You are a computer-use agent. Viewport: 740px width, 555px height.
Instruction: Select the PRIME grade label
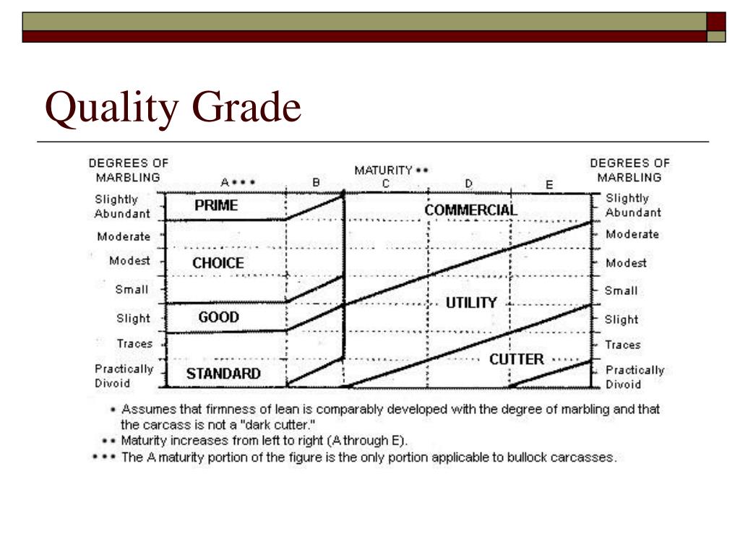click(215, 206)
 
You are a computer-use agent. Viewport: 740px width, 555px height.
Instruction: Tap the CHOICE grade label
click(218, 264)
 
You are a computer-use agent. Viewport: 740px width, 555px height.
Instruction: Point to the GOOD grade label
click(218, 317)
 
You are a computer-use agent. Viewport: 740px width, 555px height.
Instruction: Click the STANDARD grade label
click(223, 374)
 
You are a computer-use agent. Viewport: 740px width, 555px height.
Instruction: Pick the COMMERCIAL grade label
click(470, 210)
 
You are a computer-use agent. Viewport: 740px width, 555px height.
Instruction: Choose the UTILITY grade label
click(470, 303)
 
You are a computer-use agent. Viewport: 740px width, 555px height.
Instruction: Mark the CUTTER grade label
click(516, 359)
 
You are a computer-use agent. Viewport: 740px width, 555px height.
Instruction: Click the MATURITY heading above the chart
click(383, 171)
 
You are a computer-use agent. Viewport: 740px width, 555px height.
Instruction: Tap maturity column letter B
click(316, 184)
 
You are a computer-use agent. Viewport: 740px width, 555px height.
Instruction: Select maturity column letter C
click(386, 184)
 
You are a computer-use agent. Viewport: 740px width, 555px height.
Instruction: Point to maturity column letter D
click(468, 184)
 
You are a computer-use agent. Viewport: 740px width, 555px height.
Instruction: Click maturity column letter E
click(549, 185)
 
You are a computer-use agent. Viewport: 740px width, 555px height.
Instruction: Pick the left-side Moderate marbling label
click(124, 236)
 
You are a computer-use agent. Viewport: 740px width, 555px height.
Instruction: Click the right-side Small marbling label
click(621, 291)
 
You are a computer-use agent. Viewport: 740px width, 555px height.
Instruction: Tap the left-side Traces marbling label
click(134, 344)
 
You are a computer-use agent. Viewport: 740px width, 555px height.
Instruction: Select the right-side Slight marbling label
click(621, 319)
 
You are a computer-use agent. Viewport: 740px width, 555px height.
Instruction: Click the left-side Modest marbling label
click(129, 261)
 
